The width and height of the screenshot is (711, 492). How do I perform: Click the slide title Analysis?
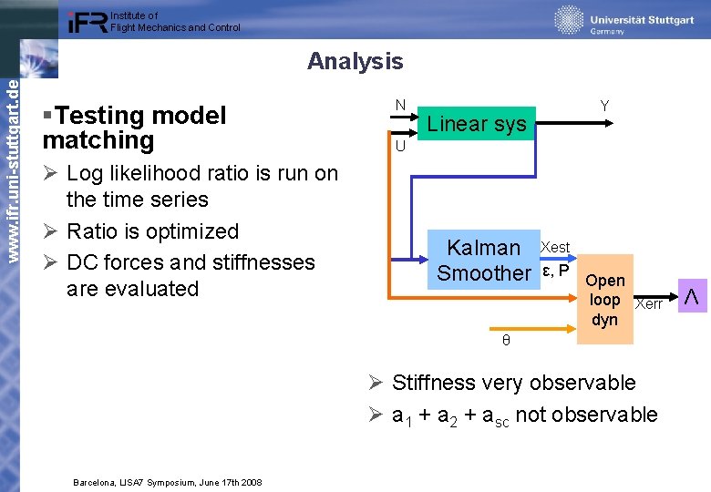coord(355,61)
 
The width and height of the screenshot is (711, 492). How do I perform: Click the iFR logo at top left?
coord(88,22)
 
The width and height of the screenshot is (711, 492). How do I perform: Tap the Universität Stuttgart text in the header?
coord(642,20)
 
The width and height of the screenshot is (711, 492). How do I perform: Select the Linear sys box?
coord(477,124)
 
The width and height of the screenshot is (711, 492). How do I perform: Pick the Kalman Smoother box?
coord(484,261)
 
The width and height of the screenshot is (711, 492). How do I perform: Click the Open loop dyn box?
coord(604,300)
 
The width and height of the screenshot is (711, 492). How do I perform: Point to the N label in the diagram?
coord(400,105)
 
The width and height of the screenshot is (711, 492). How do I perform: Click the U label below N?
coord(400,146)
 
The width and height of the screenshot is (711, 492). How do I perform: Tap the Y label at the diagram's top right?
coord(604,107)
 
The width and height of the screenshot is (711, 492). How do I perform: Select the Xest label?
coord(555,247)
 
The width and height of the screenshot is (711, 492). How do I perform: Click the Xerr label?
coord(648,304)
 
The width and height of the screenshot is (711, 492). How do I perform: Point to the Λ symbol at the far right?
coord(692,298)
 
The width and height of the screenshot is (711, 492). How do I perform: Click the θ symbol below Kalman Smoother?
coord(506,341)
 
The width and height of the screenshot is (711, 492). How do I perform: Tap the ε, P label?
coord(556,270)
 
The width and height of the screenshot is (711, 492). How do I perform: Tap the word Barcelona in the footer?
coord(96,482)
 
